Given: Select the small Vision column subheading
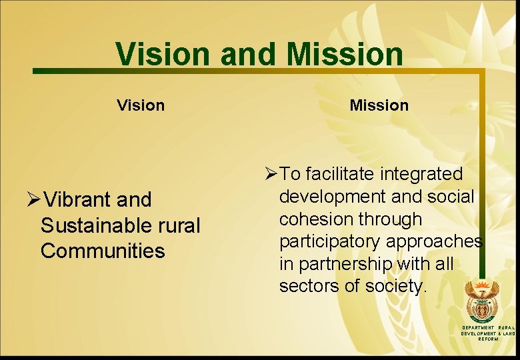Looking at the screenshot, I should pos(141,105).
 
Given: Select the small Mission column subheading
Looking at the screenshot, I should pos(379,105).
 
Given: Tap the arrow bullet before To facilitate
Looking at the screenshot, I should pos(271,175).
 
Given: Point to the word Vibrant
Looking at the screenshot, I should pos(81,199).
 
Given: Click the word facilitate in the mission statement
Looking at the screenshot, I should pos(340,174).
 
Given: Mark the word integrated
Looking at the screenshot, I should pos(421,174).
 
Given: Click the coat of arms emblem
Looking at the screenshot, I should pos(481,302).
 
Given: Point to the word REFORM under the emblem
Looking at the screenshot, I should pos(489,339).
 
